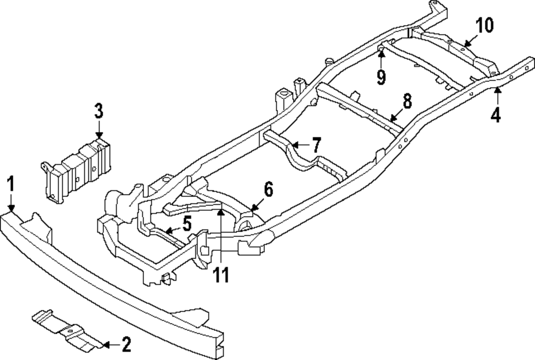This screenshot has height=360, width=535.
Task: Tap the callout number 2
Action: [x=126, y=345]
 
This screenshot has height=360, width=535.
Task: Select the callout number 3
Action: [x=98, y=112]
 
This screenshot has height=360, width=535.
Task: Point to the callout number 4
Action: [x=496, y=114]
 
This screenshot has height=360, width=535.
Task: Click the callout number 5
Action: [x=186, y=224]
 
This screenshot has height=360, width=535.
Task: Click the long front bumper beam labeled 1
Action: [x=107, y=278]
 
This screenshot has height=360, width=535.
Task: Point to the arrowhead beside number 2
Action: [x=106, y=345]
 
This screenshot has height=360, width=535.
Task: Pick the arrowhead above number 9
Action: [x=380, y=53]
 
